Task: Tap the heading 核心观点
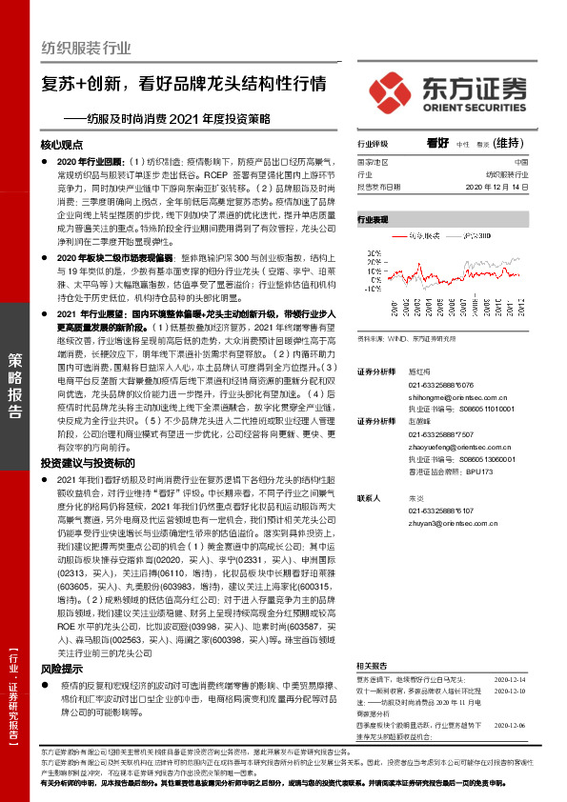click(63, 146)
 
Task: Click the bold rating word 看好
click(437, 143)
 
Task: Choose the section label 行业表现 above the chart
click(374, 218)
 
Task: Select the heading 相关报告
click(374, 638)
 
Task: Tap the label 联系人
click(370, 498)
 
